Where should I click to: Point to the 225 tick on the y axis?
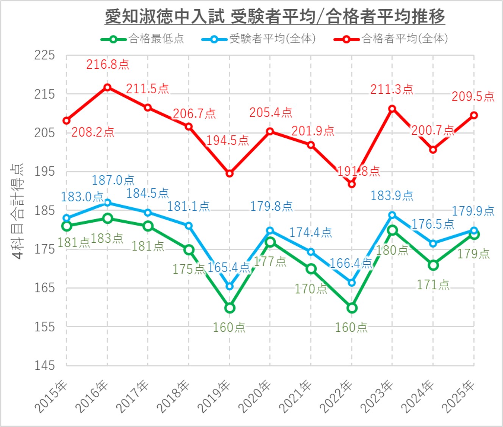[45, 55]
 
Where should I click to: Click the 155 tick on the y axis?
[45, 327]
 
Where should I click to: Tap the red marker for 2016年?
[108, 88]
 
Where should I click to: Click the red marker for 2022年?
[352, 184]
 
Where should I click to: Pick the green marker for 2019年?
[230, 308]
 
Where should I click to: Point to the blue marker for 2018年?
[189, 226]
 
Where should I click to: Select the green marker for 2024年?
[433, 265]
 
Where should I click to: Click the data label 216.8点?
[108, 64]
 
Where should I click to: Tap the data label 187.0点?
[113, 180]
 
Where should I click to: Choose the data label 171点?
[433, 284]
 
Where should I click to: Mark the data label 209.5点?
[473, 96]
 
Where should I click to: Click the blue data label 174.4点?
[311, 232]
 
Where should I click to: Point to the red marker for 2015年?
[67, 121]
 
